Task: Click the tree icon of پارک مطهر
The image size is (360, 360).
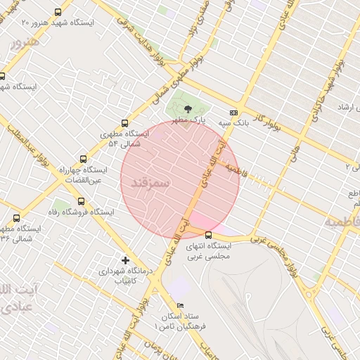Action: point(188,108)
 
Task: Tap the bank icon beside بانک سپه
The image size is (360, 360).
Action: point(233,112)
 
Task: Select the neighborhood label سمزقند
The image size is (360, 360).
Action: point(150,182)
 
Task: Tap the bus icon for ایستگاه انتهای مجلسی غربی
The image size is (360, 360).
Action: point(208,235)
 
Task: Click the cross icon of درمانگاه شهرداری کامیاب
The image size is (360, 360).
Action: point(126,259)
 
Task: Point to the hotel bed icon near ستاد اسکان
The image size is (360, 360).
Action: point(180,306)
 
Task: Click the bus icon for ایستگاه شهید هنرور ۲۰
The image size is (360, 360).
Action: point(56,12)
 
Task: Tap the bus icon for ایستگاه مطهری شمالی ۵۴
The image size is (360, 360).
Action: point(125,123)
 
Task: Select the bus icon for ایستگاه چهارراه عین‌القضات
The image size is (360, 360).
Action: point(84,160)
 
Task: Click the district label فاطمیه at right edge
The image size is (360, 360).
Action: point(342,221)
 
